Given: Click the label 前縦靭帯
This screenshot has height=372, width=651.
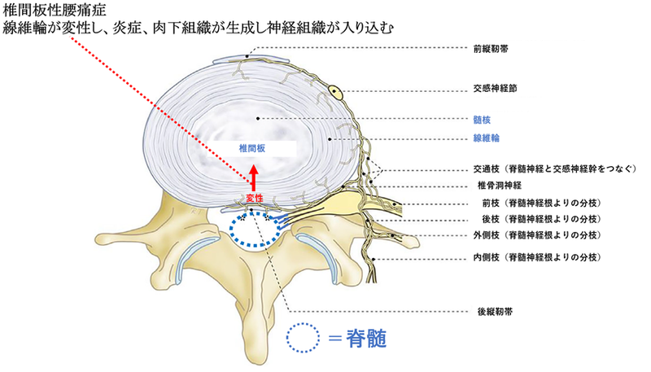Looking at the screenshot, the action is point(492,49).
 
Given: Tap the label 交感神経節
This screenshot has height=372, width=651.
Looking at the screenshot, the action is point(496,89).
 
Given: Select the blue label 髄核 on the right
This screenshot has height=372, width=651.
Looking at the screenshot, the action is point(482,120).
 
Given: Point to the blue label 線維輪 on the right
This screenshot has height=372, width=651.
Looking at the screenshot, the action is point(486,138).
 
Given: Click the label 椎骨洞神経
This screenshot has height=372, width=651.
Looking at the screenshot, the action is point(500,185).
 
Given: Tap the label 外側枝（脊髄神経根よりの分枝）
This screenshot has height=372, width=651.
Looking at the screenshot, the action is point(538,235).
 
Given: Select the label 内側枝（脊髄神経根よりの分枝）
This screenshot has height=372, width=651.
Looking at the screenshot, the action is point(538,257).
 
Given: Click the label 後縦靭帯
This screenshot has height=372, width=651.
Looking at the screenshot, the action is point(496,312).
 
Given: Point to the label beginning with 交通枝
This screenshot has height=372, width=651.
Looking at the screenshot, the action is point(555,169).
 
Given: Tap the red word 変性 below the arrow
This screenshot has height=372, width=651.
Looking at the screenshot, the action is point(255,199).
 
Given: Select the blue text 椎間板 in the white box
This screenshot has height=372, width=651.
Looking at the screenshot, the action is point(252,148).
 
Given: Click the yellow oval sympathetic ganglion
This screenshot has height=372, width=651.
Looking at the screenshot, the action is point(336,92).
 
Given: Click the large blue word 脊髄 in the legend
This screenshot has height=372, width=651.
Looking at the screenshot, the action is point(366,339).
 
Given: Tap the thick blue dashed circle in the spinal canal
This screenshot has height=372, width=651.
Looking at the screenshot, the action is point(256,214).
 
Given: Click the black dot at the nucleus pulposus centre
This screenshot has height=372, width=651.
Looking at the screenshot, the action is point(258,119).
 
